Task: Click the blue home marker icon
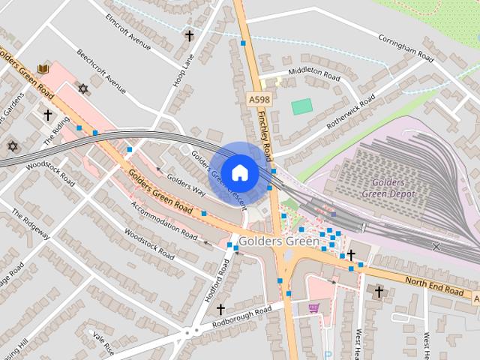click(239, 172)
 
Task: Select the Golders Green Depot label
click(383, 188)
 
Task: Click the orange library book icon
click(43, 69)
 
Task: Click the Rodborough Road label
click(241, 316)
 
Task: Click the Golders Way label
click(186, 185)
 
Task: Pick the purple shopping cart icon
click(313, 307)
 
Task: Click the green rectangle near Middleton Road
click(302, 106)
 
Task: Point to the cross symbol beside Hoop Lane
click(190, 35)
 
